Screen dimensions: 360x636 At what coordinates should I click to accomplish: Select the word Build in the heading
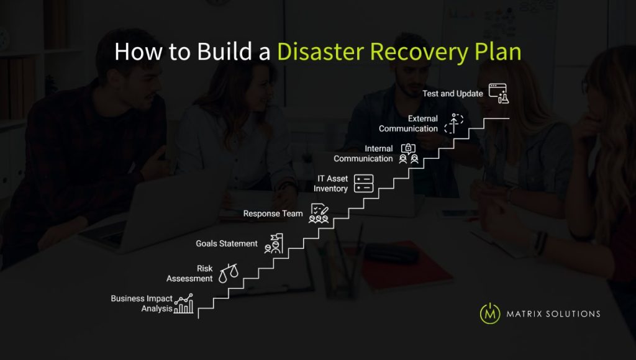[x=222, y=52]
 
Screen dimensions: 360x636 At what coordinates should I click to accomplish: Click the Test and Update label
[x=453, y=94]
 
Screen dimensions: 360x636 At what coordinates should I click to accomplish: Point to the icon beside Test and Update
[x=498, y=94]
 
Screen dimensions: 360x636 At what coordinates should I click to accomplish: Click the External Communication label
[x=409, y=124]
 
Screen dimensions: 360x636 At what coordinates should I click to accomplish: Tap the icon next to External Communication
[x=454, y=124]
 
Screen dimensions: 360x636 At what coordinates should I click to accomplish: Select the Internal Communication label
[x=363, y=154]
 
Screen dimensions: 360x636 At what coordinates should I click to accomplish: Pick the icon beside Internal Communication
[x=408, y=154]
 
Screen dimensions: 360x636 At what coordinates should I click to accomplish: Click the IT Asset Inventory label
[x=330, y=184]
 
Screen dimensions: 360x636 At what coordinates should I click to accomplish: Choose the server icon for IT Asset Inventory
[x=364, y=184]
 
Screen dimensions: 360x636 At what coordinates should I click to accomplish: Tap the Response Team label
[x=273, y=214]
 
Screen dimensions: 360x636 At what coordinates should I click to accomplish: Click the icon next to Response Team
[x=319, y=214]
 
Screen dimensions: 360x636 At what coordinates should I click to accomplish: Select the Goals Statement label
[x=227, y=244]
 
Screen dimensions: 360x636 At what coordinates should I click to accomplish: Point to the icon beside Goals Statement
[x=273, y=244]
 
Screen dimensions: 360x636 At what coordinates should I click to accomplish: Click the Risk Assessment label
[x=189, y=274]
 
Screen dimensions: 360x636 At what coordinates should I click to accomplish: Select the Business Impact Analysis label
[x=142, y=304]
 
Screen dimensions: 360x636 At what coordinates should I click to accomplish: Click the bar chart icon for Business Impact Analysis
[x=184, y=304]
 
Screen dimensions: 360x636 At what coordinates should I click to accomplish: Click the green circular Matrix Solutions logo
[x=490, y=313]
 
